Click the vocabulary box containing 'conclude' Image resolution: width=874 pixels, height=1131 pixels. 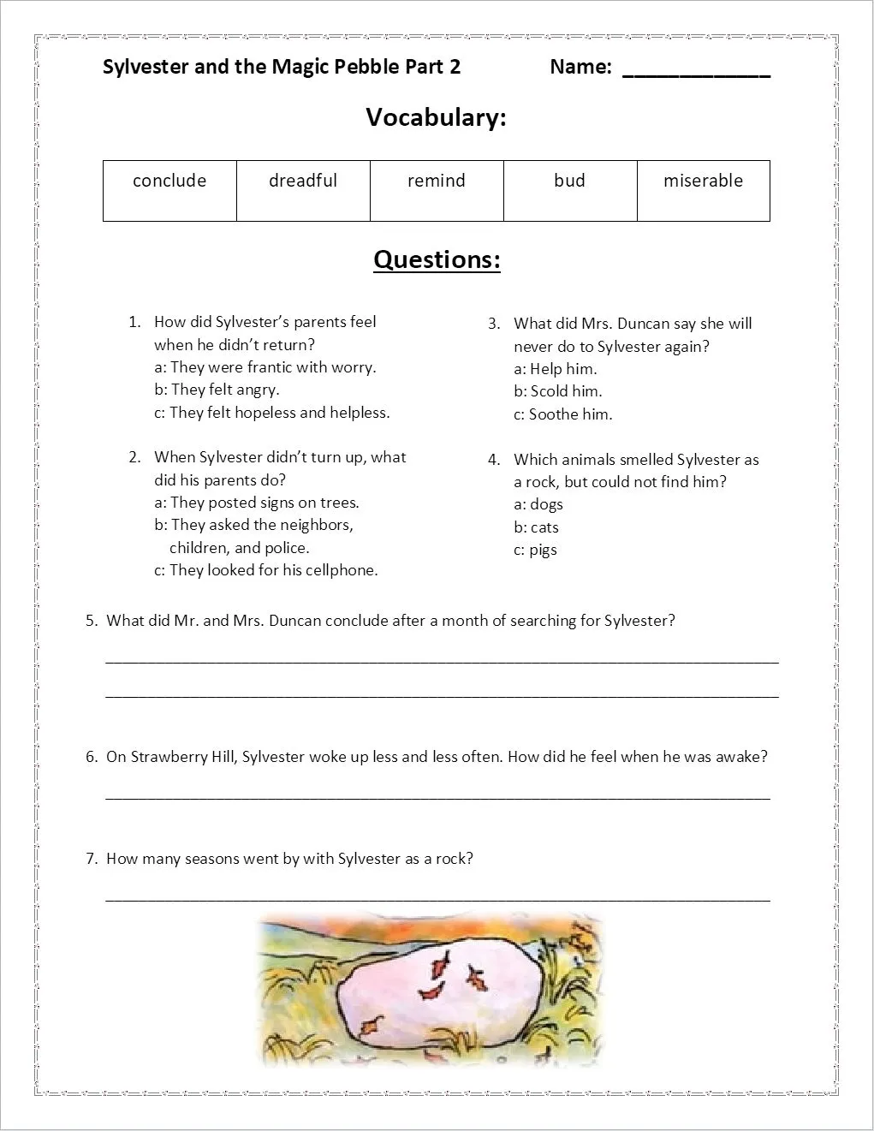[x=169, y=190]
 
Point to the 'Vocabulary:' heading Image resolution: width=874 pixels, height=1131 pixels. [x=436, y=117]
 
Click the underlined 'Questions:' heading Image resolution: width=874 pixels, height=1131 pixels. [x=437, y=259]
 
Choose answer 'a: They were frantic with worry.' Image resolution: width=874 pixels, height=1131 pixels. [x=265, y=367]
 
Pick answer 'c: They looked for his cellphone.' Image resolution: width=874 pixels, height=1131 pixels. [x=265, y=570]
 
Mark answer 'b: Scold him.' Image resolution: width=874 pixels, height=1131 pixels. [x=558, y=391]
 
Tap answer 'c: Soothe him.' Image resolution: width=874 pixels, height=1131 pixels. [x=563, y=414]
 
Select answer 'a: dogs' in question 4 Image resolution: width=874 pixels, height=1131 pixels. [x=538, y=504]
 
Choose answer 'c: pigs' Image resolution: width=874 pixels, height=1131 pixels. [x=536, y=550]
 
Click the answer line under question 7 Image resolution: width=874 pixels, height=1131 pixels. [x=437, y=898]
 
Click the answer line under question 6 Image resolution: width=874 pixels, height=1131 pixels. [x=437, y=797]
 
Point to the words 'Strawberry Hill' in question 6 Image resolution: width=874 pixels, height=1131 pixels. [x=184, y=757]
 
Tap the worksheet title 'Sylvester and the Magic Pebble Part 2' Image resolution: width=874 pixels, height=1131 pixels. [x=282, y=67]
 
